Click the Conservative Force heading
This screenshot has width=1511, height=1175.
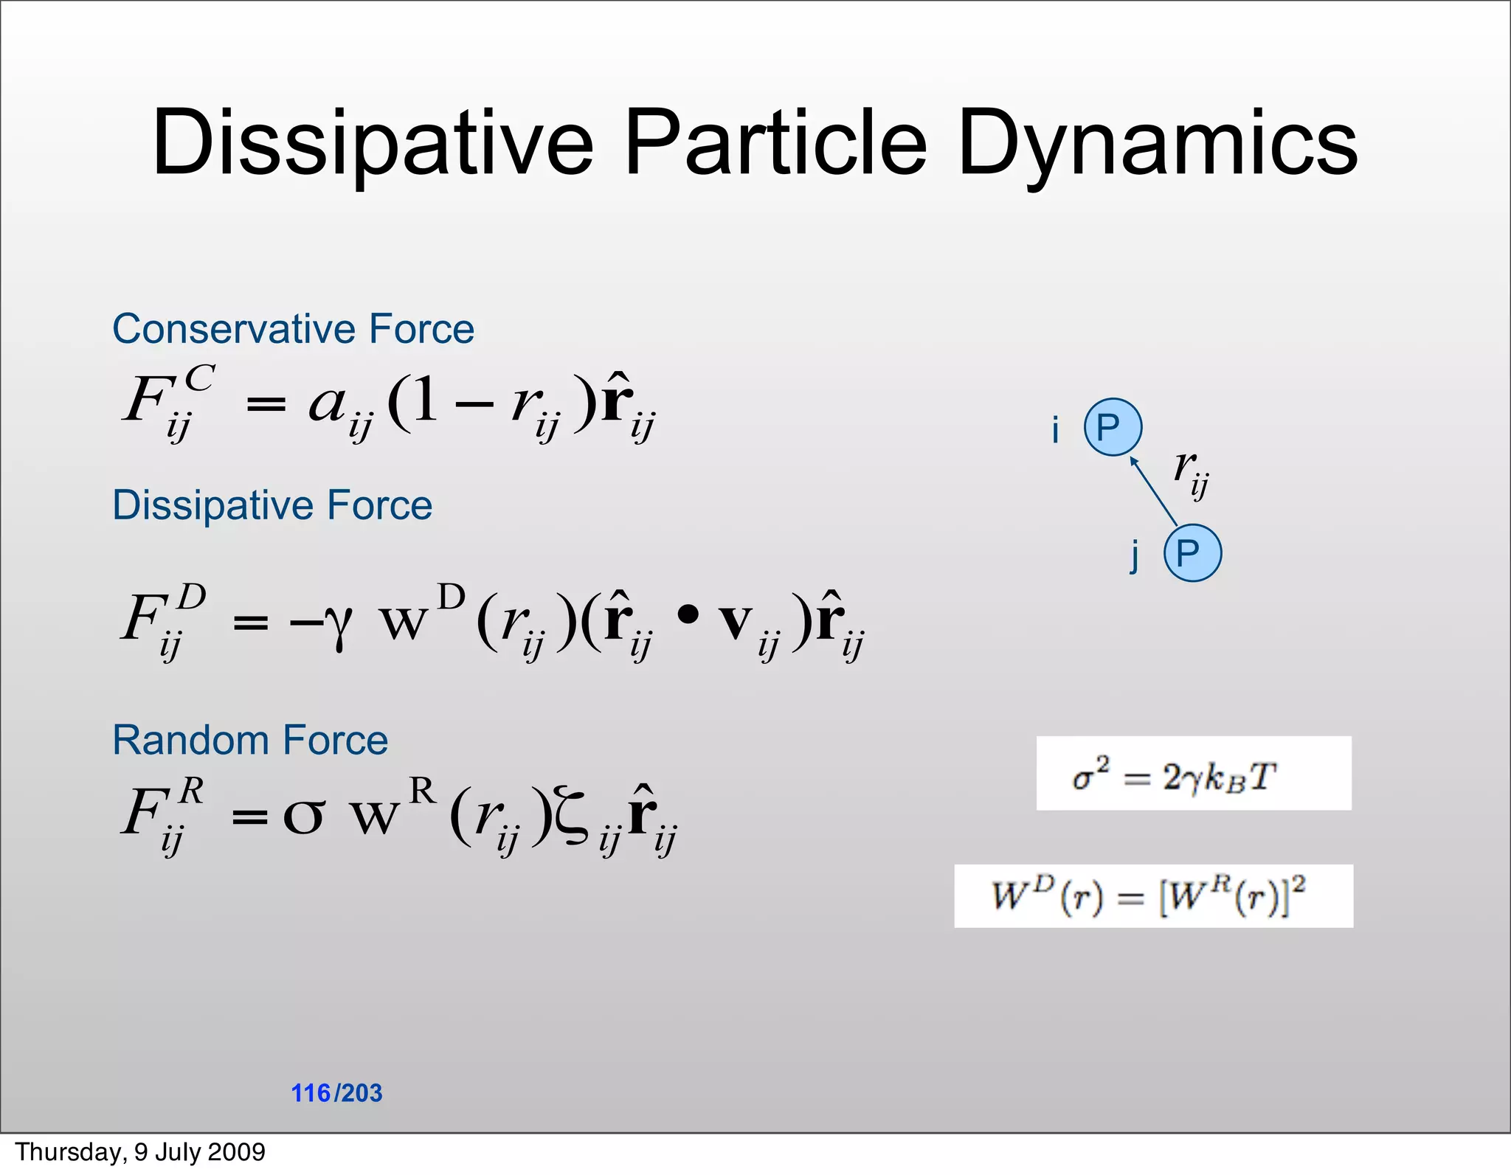point(293,329)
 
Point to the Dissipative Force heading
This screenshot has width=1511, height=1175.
point(272,506)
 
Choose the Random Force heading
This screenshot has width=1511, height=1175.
point(250,740)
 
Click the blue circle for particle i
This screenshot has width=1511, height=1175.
point(1113,427)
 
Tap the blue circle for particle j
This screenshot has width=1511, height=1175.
point(1192,552)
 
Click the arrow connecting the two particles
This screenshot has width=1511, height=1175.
point(1153,491)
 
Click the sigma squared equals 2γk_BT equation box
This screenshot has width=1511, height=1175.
point(1193,774)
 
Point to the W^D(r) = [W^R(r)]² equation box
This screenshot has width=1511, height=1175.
point(1153,896)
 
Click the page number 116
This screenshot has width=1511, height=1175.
point(311,1093)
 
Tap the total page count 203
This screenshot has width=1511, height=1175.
point(362,1093)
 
